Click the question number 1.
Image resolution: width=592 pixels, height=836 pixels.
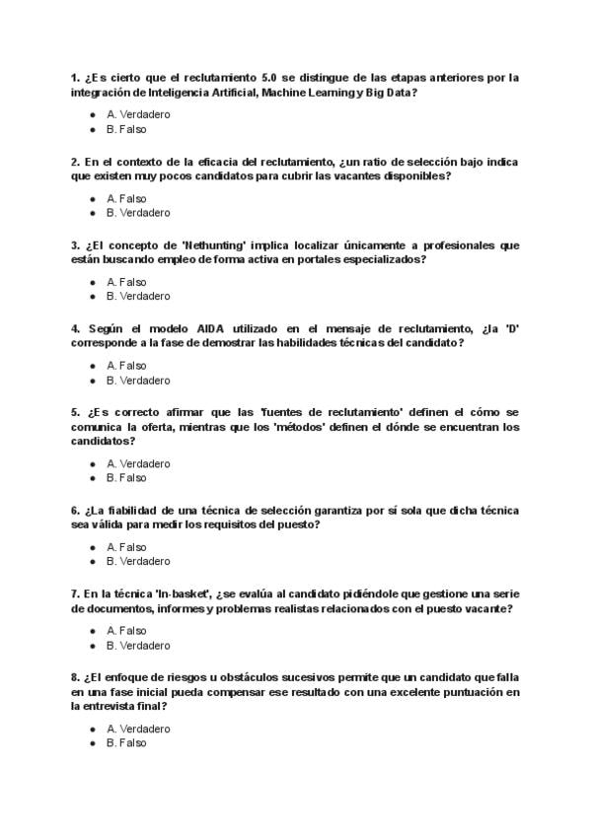coord(75,77)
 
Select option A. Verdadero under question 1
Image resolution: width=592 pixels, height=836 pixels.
coord(138,114)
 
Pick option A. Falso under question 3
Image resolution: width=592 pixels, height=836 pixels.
coord(126,282)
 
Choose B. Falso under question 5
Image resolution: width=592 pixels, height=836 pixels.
coord(126,478)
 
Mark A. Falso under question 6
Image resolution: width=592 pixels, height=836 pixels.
coord(126,547)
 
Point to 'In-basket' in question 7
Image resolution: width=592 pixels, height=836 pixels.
coord(185,593)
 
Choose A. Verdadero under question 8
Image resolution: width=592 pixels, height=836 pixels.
coord(138,729)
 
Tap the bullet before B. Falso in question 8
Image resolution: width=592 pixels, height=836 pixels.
coord(93,743)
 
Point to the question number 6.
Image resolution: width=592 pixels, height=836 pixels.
coord(75,510)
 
